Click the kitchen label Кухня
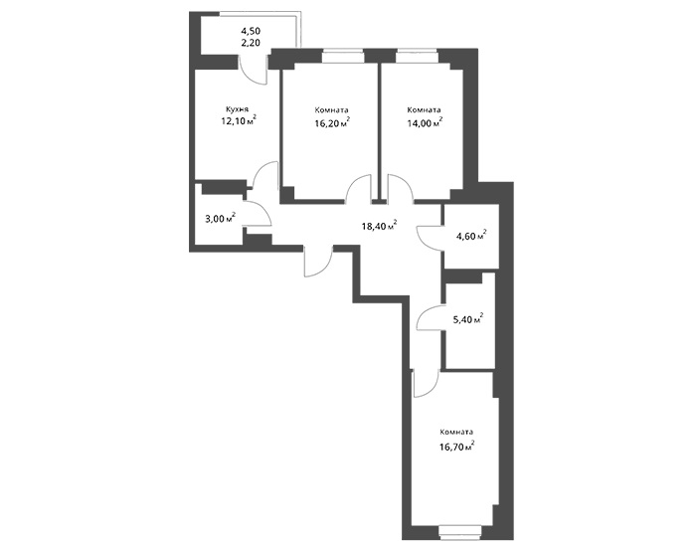pos(237,108)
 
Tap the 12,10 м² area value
pos(239,120)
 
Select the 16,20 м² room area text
pos(332,123)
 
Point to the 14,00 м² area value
pos(425,123)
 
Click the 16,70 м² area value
pos(456,445)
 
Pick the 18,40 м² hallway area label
pos(380,226)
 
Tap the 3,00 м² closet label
pos(219,218)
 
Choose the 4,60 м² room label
pos(470,235)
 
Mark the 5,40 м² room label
pos(468,319)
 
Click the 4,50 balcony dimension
pos(251,31)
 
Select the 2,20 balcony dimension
pos(251,43)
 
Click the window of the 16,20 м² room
pos(343,56)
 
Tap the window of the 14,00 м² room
pos(417,56)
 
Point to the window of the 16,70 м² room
pos(460,531)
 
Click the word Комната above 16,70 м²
pos(456,432)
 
